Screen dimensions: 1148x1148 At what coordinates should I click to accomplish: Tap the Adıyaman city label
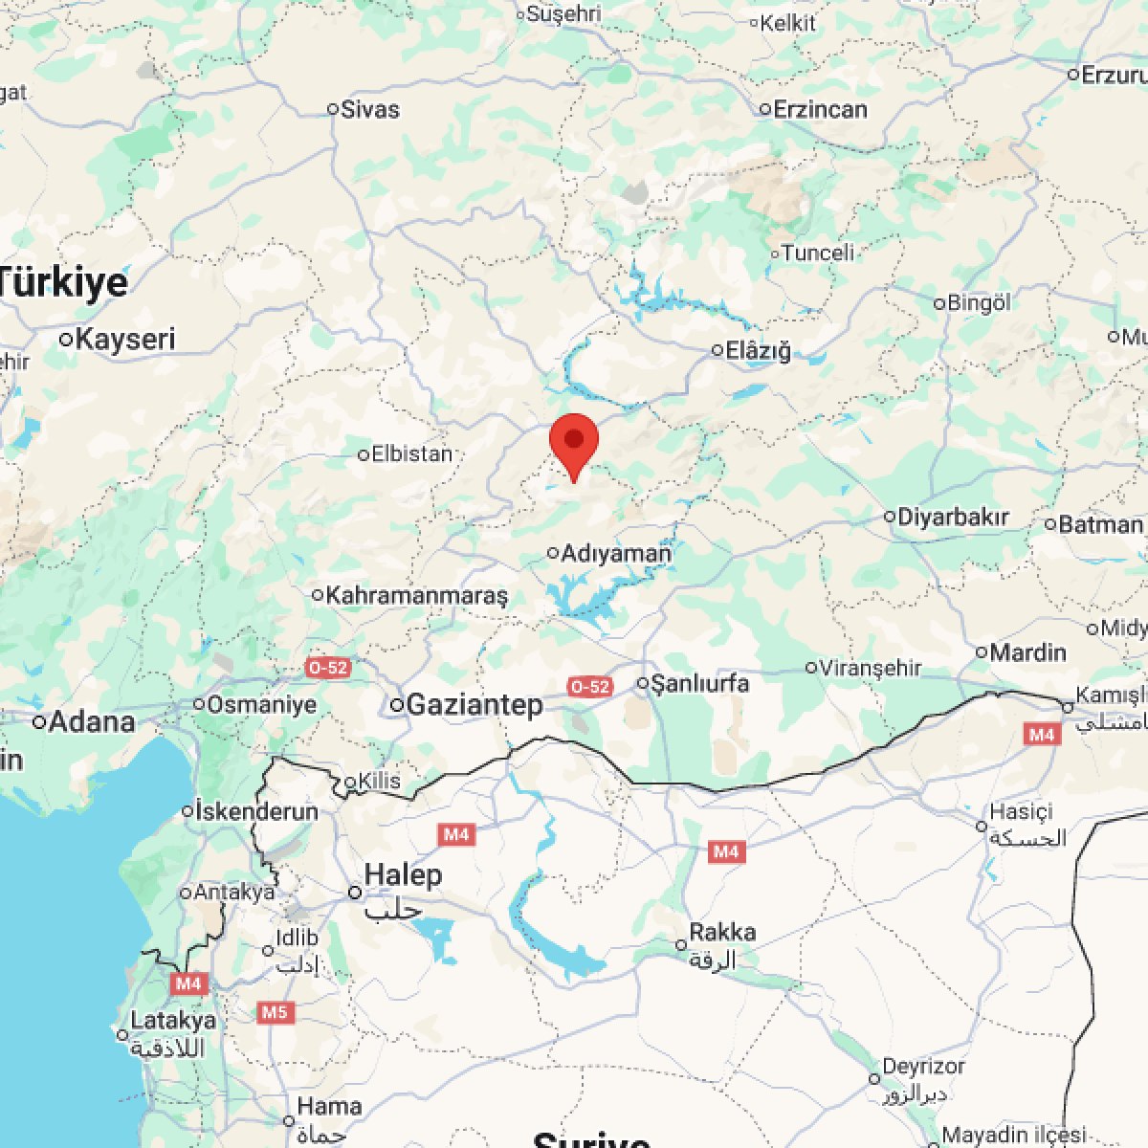pyautogui.click(x=616, y=553)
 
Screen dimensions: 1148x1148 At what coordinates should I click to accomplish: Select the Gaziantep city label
pyautogui.click(x=475, y=705)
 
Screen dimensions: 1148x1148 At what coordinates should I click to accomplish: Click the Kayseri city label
pyautogui.click(x=125, y=339)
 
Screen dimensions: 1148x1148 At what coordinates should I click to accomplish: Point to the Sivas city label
pyautogui.click(x=370, y=109)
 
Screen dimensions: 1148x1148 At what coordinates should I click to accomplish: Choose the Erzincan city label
pyautogui.click(x=820, y=109)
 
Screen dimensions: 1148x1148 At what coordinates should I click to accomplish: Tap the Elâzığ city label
pyautogui.click(x=759, y=350)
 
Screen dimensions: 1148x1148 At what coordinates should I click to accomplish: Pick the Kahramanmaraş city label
pyautogui.click(x=417, y=595)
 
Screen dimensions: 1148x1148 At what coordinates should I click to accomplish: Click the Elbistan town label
pyautogui.click(x=411, y=453)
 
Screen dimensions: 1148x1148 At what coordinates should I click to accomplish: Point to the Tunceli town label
pyautogui.click(x=818, y=254)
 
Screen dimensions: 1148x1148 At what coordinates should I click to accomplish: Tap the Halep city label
pyautogui.click(x=403, y=874)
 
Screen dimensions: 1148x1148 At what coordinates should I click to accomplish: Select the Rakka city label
pyautogui.click(x=722, y=932)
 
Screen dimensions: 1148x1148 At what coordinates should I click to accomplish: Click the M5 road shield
pyautogui.click(x=275, y=1012)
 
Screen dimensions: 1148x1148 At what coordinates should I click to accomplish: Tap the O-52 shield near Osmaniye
pyautogui.click(x=327, y=668)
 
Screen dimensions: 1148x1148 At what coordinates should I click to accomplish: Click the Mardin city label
pyautogui.click(x=1027, y=652)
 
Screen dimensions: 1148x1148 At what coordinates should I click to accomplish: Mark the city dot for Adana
pyautogui.click(x=40, y=722)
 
